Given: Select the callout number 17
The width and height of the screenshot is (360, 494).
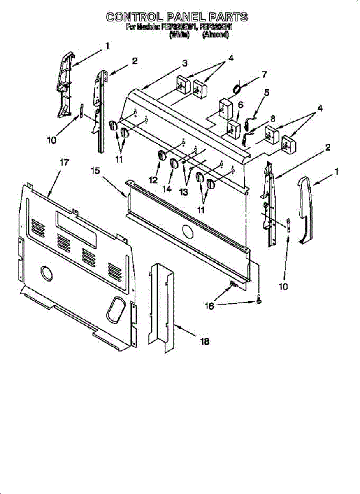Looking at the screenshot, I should point(64,163).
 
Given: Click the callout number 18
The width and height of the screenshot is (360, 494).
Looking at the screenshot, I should point(204,341).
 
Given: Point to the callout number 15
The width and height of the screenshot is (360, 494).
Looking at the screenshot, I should point(95,170).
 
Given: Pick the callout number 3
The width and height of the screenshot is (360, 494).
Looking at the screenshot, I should point(185,63).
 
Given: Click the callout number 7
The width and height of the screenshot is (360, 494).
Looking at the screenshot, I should point(264,75).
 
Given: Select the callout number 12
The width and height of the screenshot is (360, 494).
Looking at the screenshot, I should point(153,179).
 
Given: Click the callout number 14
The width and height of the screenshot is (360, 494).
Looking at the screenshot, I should point(167,189).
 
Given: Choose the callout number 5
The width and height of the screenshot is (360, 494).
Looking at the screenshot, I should point(267,93).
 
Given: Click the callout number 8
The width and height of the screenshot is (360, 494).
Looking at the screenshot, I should point(272,119).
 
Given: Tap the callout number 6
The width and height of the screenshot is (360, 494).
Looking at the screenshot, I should point(240,105).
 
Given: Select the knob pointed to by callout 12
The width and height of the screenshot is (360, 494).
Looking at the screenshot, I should point(161,156).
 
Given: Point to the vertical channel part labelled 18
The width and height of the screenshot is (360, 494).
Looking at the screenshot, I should point(161,307).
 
